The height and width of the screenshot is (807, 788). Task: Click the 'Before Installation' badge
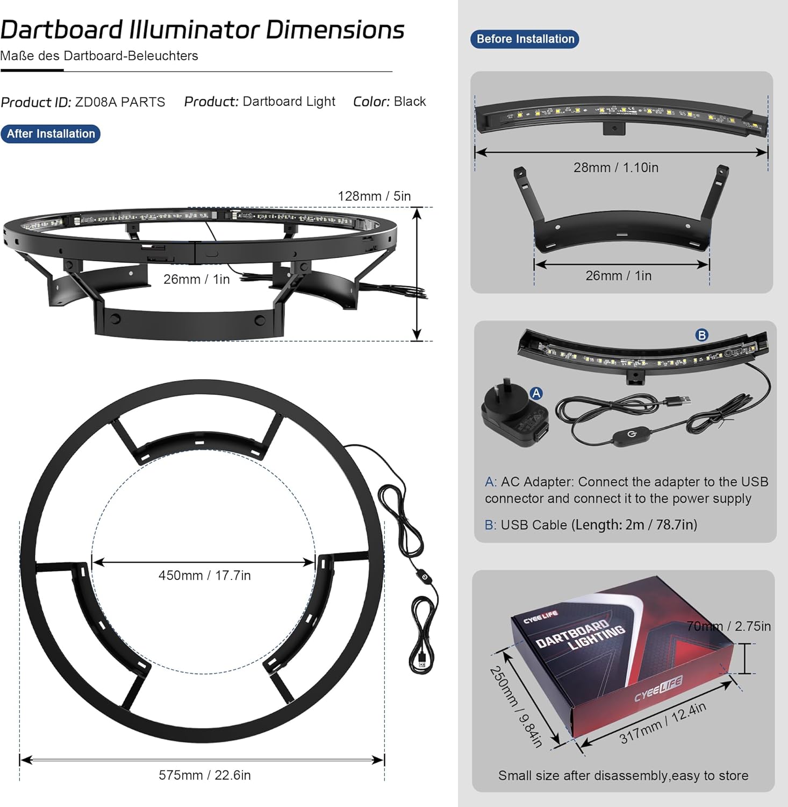click(x=525, y=39)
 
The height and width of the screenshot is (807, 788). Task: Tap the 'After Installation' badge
click(x=51, y=134)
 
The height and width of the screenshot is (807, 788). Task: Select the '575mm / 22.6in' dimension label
click(x=205, y=775)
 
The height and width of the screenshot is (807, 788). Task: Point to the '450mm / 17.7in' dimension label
click(x=205, y=576)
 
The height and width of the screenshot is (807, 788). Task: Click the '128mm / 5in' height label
click(x=374, y=196)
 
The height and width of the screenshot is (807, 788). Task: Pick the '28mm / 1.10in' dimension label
click(x=616, y=168)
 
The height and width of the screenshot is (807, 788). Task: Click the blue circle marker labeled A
click(x=536, y=393)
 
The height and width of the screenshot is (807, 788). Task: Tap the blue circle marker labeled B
click(x=702, y=335)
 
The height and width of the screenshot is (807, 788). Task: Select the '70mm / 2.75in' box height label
click(x=729, y=626)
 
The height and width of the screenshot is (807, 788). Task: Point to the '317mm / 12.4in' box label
click(x=663, y=723)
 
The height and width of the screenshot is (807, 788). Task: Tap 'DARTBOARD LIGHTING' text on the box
click(x=581, y=636)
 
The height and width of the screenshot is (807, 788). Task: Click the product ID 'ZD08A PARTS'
click(x=120, y=102)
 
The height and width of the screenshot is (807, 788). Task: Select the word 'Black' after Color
click(x=410, y=102)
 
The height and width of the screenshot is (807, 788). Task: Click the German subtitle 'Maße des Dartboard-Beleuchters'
click(x=99, y=56)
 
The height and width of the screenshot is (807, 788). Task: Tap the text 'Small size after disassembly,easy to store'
click(x=624, y=776)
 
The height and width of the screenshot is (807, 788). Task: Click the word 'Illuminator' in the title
click(x=195, y=30)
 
